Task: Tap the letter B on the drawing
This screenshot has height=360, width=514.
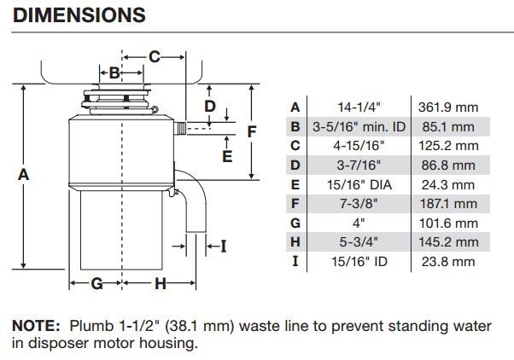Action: pos(114,73)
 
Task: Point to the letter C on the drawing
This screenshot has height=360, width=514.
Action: pos(155,56)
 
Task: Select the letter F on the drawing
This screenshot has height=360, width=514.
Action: pos(252,131)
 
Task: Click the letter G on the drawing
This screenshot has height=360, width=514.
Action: pos(96,283)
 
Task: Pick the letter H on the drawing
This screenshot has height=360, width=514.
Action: pos(160,283)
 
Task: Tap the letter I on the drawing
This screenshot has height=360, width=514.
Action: pos(224,247)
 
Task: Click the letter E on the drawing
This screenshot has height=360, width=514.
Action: pos(226,156)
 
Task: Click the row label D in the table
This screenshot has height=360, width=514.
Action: pos(295,165)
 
